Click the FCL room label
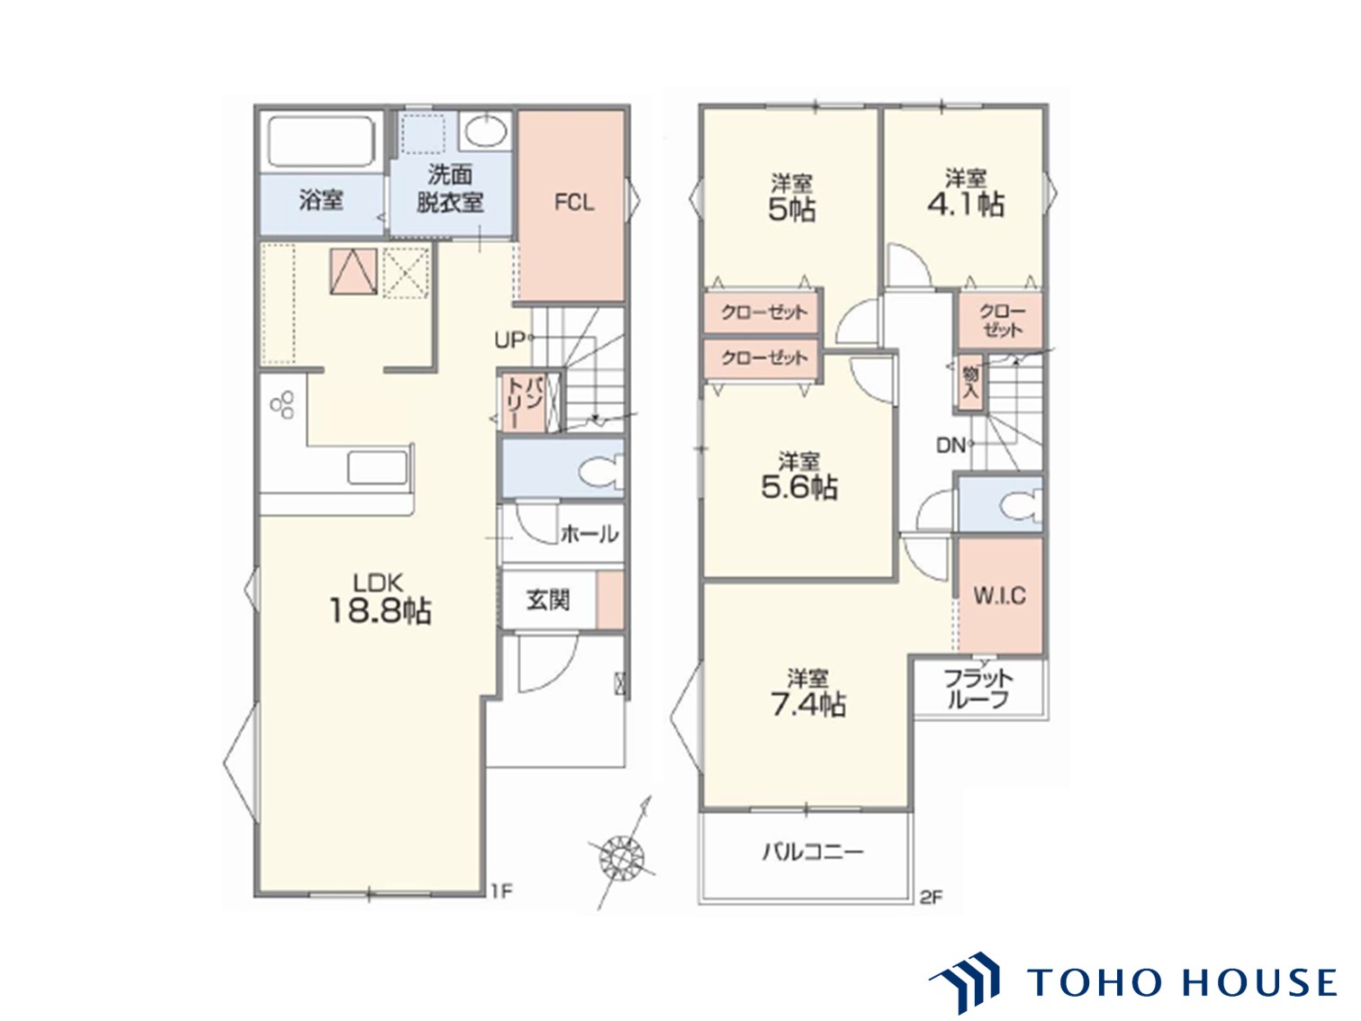(x=573, y=203)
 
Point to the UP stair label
(x=509, y=339)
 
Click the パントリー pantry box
(x=525, y=402)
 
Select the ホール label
(x=589, y=534)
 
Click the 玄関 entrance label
(x=548, y=600)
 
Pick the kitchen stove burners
(x=283, y=405)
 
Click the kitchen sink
(x=377, y=467)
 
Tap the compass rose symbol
(x=621, y=858)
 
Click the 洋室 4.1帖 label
(x=965, y=193)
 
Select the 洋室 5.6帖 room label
(x=798, y=476)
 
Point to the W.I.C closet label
(x=999, y=596)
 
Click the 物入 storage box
(x=970, y=383)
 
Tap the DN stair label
(x=951, y=445)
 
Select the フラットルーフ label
(x=978, y=690)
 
